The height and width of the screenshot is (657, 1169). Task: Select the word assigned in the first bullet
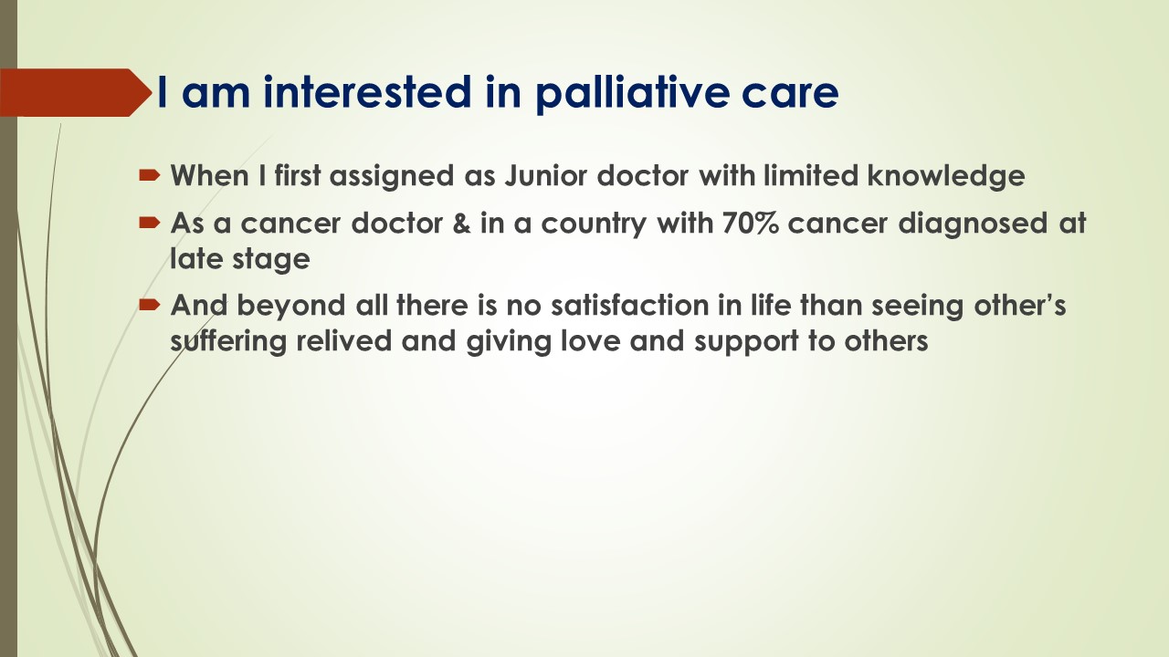click(x=392, y=177)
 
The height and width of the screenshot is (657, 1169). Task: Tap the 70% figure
click(x=751, y=224)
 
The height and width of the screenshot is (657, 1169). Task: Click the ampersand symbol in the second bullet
click(x=461, y=224)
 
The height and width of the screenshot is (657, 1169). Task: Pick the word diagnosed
click(x=973, y=224)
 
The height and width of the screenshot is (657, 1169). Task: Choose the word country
click(x=594, y=224)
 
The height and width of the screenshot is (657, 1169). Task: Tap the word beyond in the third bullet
click(x=290, y=306)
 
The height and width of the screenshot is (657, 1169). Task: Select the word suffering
click(x=228, y=342)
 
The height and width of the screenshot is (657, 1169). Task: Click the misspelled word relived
click(x=344, y=341)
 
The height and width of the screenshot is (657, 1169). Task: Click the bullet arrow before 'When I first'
click(x=149, y=176)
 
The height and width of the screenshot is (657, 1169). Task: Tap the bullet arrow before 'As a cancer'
click(x=149, y=224)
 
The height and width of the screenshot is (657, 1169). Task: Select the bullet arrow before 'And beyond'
click(x=149, y=305)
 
